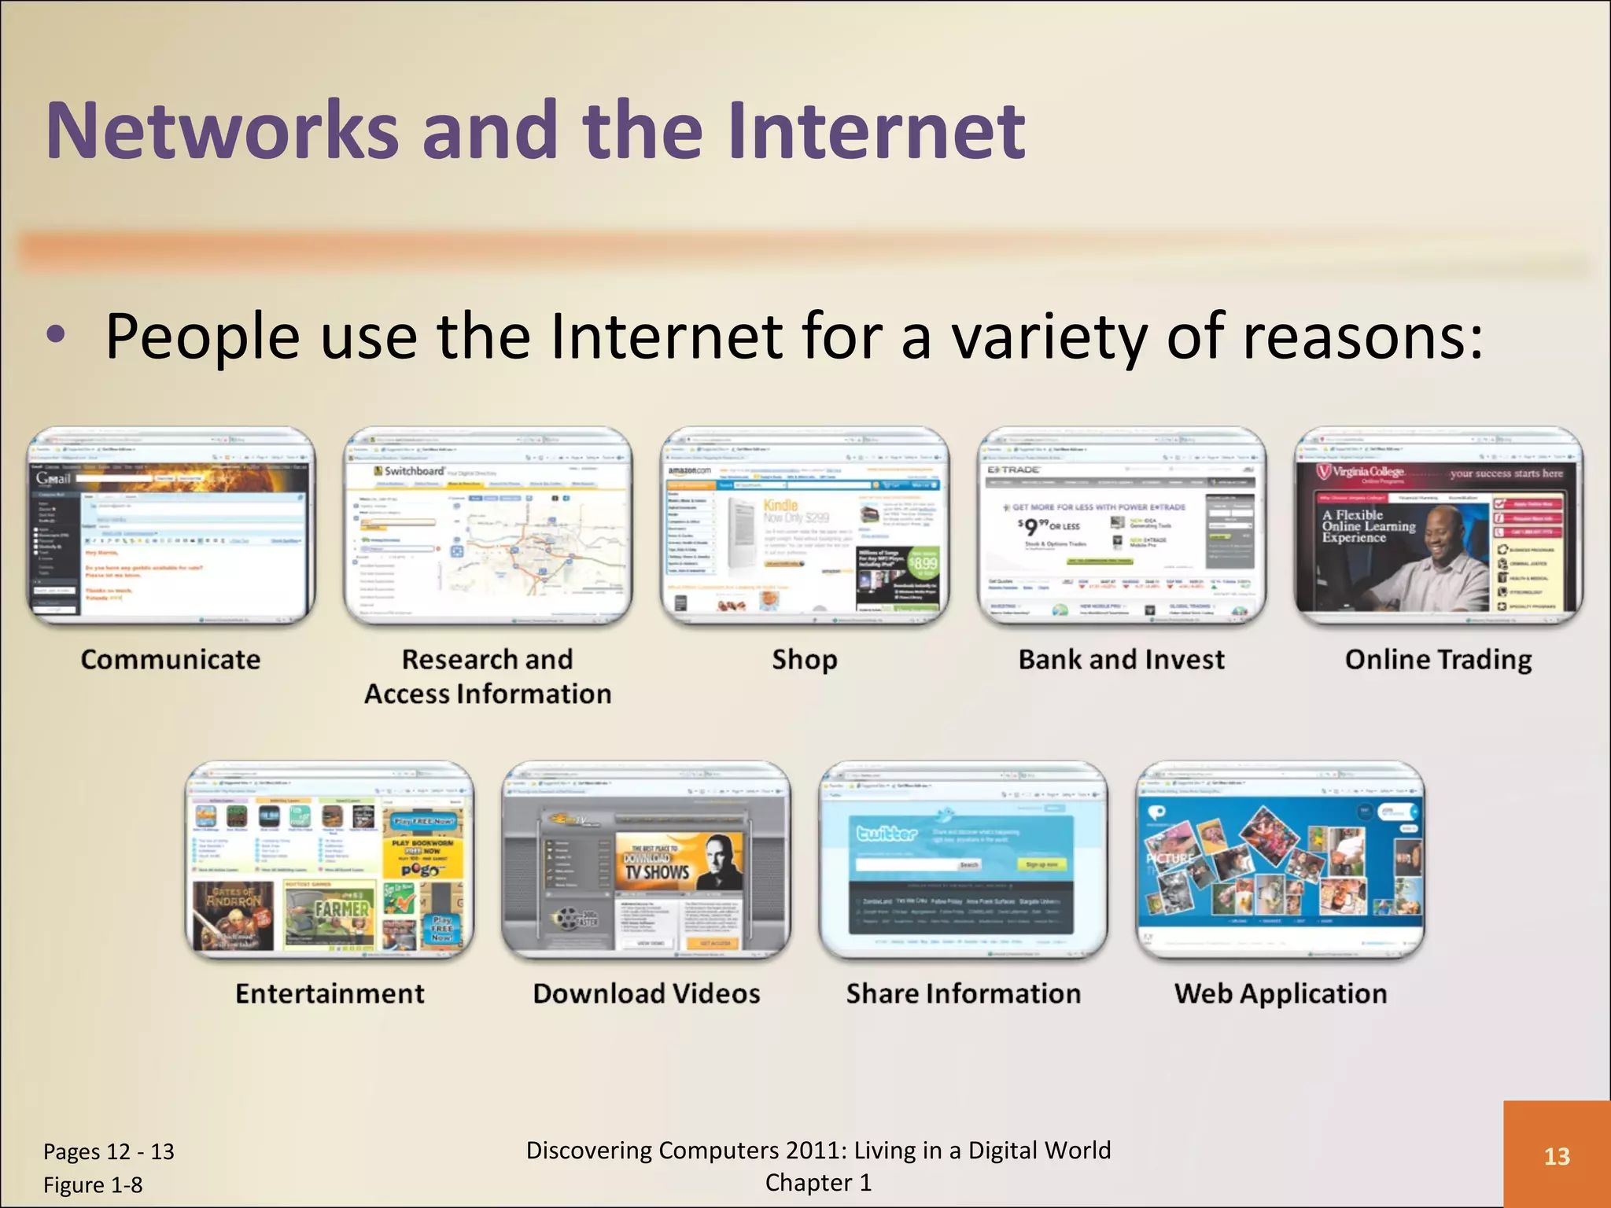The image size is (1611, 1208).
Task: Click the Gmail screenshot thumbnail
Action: tap(171, 527)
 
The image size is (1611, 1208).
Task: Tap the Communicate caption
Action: tap(170, 659)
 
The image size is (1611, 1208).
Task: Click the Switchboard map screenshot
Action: tap(488, 527)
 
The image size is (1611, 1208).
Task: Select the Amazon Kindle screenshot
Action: tap(804, 527)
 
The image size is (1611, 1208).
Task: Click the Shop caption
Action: tap(804, 659)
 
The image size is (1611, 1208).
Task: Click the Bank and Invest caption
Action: tap(1121, 659)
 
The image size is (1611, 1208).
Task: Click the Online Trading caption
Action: tap(1438, 659)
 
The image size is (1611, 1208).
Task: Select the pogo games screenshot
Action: tap(330, 861)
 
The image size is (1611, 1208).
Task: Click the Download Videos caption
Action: tap(646, 993)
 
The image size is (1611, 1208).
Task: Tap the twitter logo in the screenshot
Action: tap(887, 832)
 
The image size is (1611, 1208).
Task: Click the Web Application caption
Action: tap(1280, 993)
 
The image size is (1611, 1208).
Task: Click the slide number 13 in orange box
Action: tap(1557, 1156)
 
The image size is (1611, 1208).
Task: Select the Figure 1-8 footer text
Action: tap(93, 1185)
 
